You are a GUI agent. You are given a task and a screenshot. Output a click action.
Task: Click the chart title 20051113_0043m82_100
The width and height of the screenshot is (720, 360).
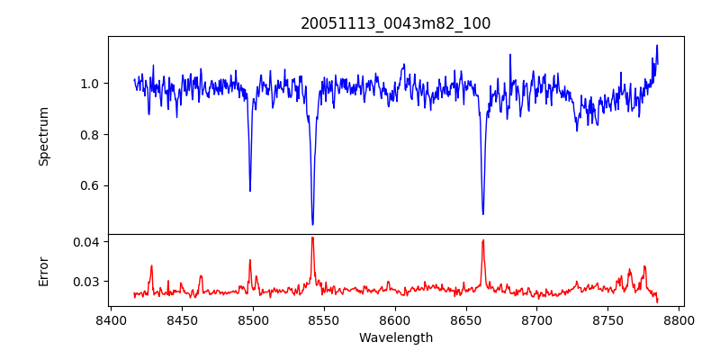396,23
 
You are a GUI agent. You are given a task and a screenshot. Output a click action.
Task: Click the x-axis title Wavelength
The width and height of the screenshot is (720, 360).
396,337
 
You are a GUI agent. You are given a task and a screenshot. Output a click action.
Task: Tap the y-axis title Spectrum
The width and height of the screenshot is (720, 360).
44,136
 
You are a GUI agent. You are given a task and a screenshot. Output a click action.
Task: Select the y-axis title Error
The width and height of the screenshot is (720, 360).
44,271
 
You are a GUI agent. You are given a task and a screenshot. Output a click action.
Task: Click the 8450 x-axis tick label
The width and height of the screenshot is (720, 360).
182,319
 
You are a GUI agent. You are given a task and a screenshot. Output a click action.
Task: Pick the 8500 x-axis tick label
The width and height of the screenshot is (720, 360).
253,319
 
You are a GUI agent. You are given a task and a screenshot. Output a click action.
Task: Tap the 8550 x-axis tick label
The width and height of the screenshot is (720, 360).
324,319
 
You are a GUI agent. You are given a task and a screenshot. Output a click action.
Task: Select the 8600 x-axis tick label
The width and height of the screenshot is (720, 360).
395,319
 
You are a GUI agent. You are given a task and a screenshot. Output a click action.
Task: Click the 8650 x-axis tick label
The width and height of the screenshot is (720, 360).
466,319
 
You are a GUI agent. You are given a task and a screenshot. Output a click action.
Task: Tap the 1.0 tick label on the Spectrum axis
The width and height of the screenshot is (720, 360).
90,84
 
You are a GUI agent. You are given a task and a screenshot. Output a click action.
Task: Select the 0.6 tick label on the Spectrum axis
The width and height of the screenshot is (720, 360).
90,186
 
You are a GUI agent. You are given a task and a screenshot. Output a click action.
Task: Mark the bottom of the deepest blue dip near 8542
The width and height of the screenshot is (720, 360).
312,224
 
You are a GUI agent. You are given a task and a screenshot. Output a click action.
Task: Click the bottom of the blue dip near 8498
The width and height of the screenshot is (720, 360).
250,191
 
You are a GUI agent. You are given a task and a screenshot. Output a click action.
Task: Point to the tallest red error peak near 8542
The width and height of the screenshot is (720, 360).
312,238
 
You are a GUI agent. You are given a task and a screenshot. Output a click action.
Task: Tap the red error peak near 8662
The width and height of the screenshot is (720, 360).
483,240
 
